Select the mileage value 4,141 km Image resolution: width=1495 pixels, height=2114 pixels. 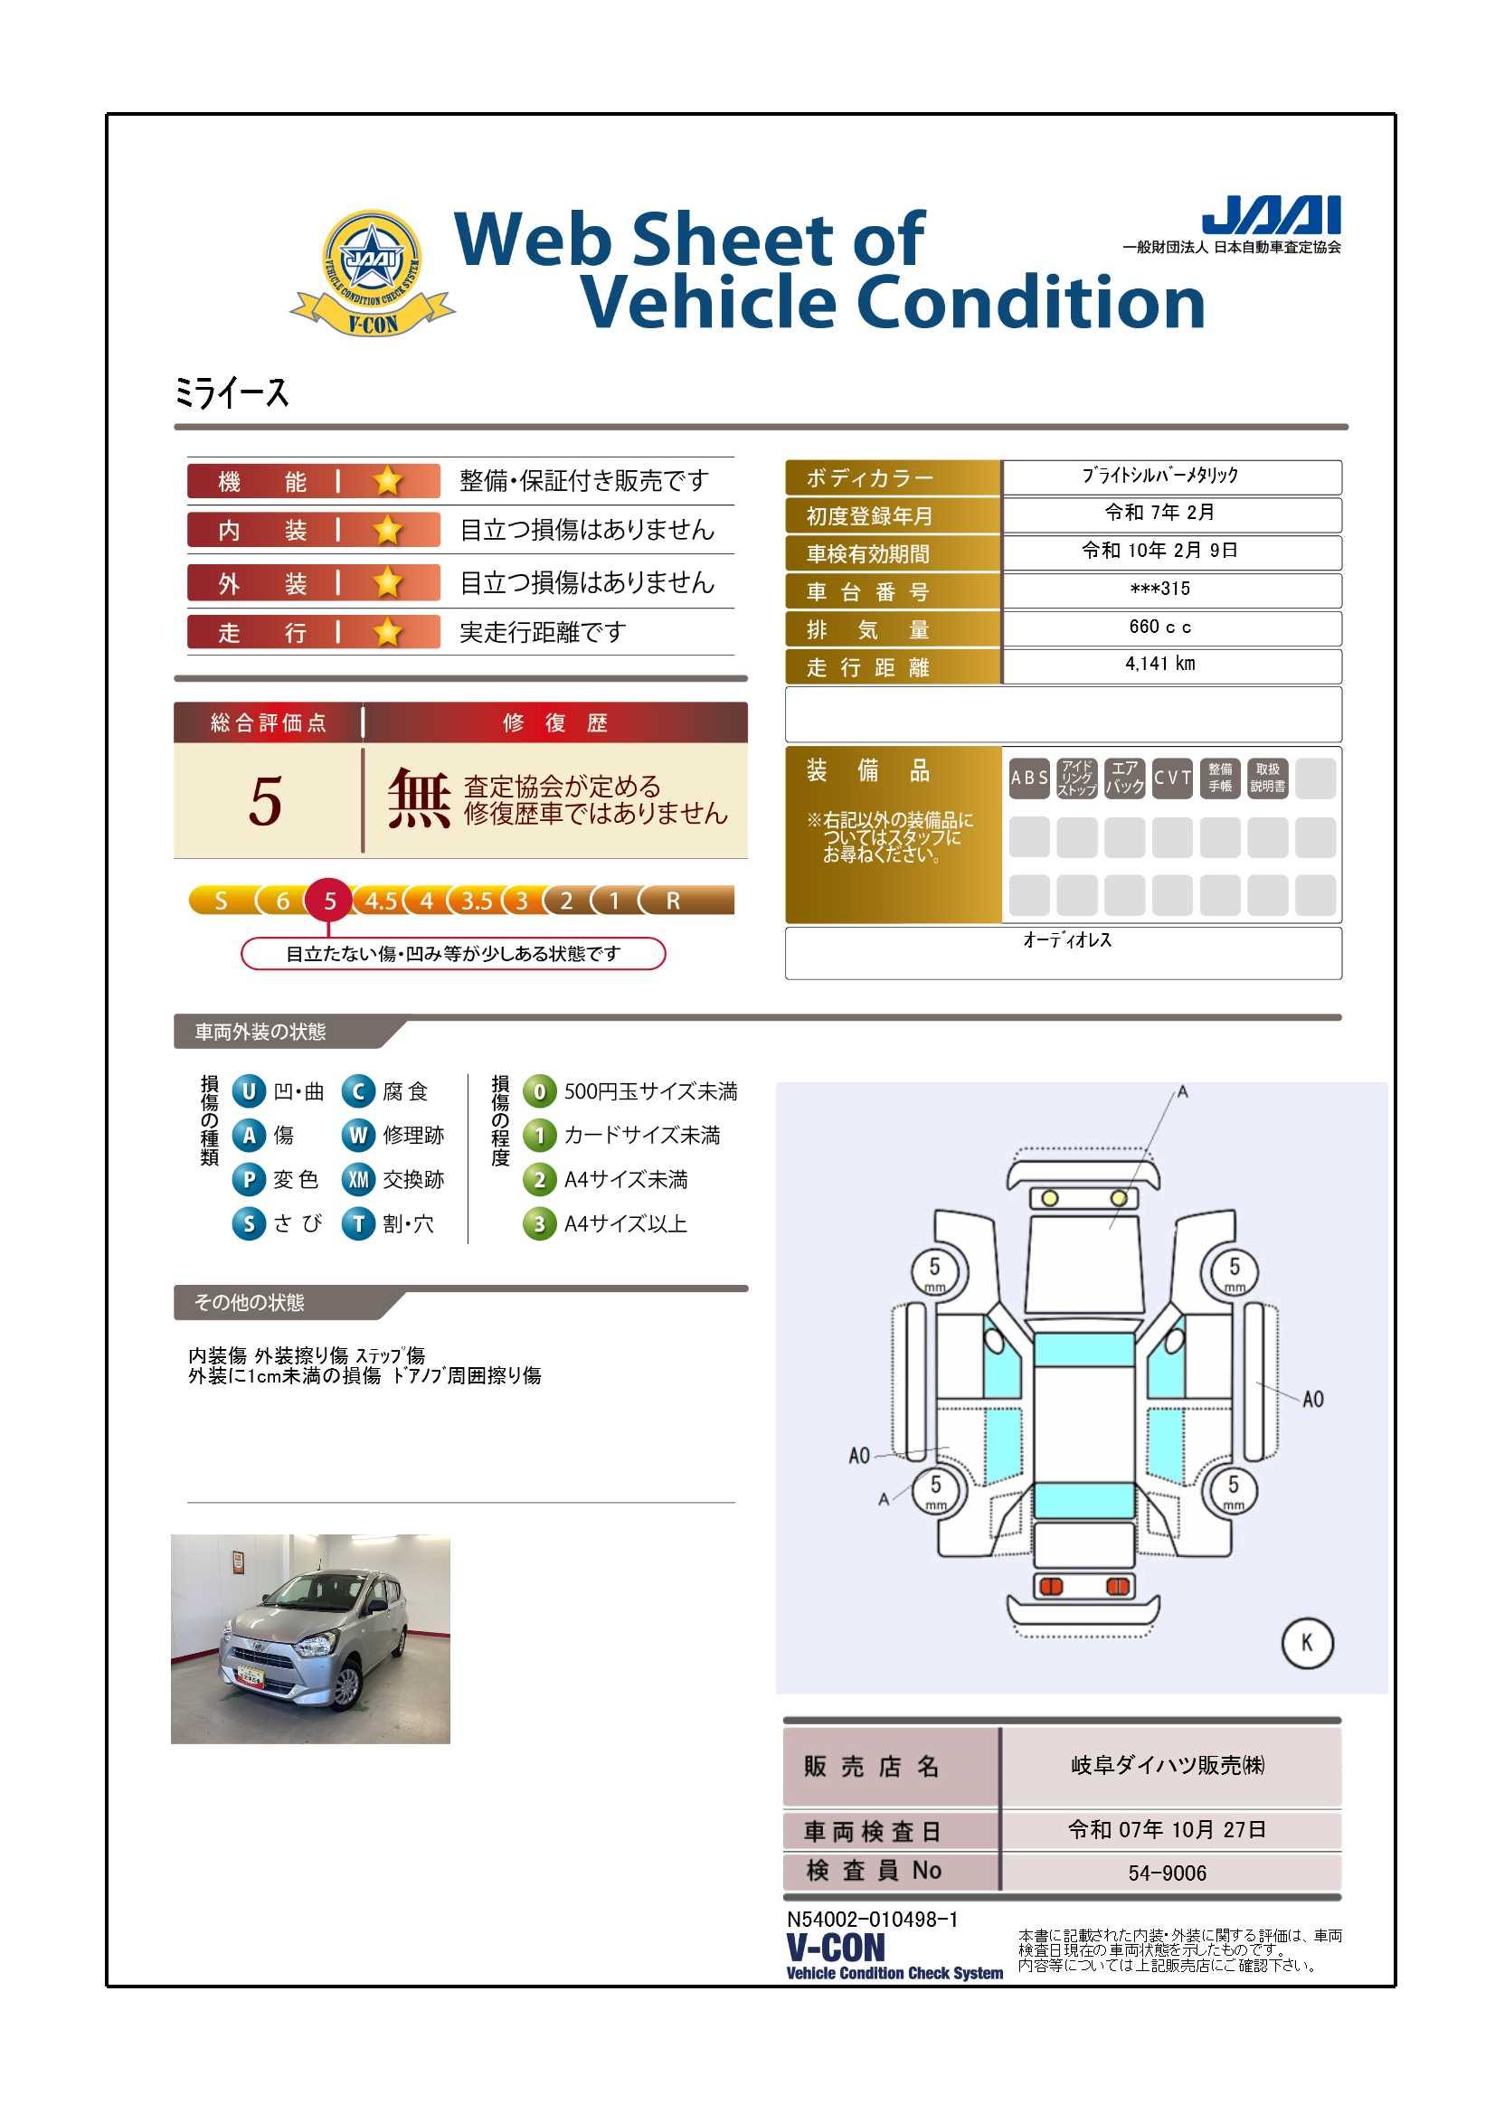(x=1159, y=664)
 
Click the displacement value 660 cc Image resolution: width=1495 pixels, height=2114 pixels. (x=1159, y=627)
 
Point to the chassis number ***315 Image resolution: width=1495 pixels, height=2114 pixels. (x=1159, y=589)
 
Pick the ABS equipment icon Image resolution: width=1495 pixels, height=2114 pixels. (x=1029, y=778)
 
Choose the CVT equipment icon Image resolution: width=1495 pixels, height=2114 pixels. (x=1172, y=778)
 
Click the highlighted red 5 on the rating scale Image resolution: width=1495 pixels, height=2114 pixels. (x=330, y=901)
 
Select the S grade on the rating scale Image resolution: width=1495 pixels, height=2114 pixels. (x=220, y=901)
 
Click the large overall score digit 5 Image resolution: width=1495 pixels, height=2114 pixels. (x=265, y=801)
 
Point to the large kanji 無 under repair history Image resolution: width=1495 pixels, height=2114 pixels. (x=419, y=799)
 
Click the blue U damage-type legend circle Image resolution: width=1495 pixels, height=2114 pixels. (x=249, y=1091)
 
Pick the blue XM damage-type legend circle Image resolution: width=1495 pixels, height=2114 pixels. (x=358, y=1179)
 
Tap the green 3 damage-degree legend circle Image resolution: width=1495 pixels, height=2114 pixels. (x=539, y=1224)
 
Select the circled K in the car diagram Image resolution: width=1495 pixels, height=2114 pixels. (x=1307, y=1643)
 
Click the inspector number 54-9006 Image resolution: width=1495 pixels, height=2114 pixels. (x=1167, y=1873)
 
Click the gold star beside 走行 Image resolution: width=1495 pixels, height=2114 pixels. (x=388, y=633)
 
